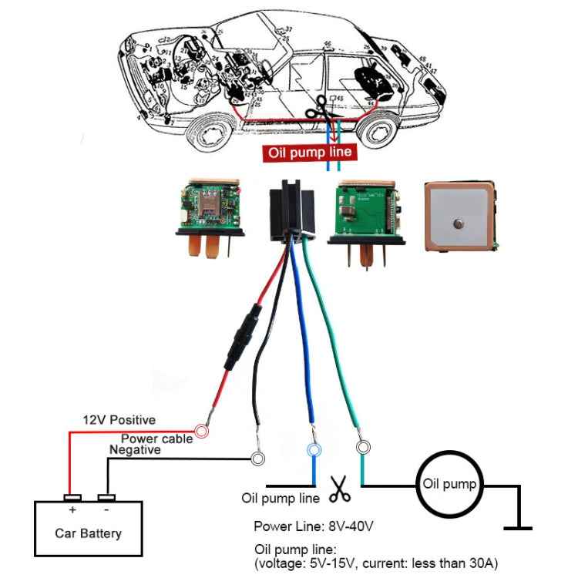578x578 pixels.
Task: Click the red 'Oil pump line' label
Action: pyautogui.click(x=310, y=153)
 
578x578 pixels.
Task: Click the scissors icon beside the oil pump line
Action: pyautogui.click(x=339, y=487)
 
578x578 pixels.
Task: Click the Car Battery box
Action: pyautogui.click(x=88, y=529)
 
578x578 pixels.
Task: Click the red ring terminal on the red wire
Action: pyautogui.click(x=202, y=432)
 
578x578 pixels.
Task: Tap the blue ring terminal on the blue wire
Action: pyautogui.click(x=313, y=449)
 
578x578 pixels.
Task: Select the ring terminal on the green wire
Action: pyautogui.click(x=361, y=446)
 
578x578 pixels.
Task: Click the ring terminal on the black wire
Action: pyautogui.click(x=259, y=459)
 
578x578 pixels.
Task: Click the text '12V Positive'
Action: pyautogui.click(x=119, y=420)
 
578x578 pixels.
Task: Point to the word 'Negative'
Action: pyautogui.click(x=135, y=449)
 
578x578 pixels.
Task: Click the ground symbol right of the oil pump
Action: pyautogui.click(x=518, y=528)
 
